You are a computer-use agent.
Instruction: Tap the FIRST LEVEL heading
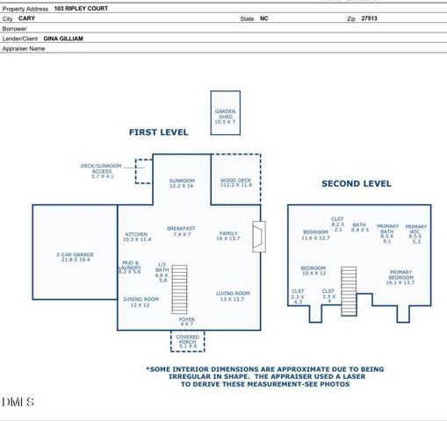point(158,132)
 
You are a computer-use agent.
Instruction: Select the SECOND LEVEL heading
point(356,183)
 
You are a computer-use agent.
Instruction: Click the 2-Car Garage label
point(73,257)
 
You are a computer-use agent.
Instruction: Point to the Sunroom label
point(181,182)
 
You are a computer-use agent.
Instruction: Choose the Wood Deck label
point(235,182)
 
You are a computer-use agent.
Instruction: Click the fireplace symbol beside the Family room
point(257,235)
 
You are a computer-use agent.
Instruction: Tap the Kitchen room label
point(137,236)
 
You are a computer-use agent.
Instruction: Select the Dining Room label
point(140,302)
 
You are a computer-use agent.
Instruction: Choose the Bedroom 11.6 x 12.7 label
point(315,234)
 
